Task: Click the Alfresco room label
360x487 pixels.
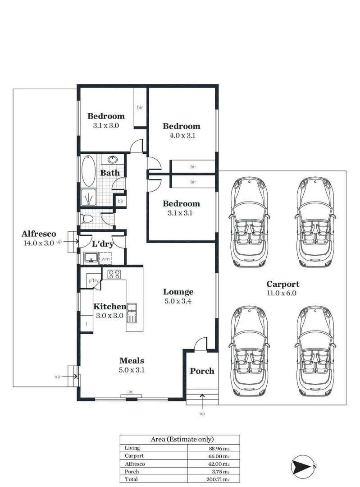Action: pos(39,234)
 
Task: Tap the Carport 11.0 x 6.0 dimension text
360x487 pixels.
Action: pos(283,293)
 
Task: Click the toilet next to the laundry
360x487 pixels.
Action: pos(87,219)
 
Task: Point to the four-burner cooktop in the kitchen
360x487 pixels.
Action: pos(114,274)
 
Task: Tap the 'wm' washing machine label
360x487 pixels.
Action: pos(105,259)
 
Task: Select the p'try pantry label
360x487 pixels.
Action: pos(93,280)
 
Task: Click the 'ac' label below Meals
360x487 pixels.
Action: pos(131,392)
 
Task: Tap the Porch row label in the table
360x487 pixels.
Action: pos(132,471)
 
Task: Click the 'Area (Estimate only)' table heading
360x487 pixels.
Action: pos(179,439)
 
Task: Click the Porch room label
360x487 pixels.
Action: pos(202,371)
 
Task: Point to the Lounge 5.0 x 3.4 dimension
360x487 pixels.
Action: pos(178,301)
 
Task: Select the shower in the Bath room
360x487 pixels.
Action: pos(88,197)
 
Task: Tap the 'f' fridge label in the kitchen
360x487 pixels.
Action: pos(86,323)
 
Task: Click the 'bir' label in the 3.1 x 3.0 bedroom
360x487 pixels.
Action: pos(140,107)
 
